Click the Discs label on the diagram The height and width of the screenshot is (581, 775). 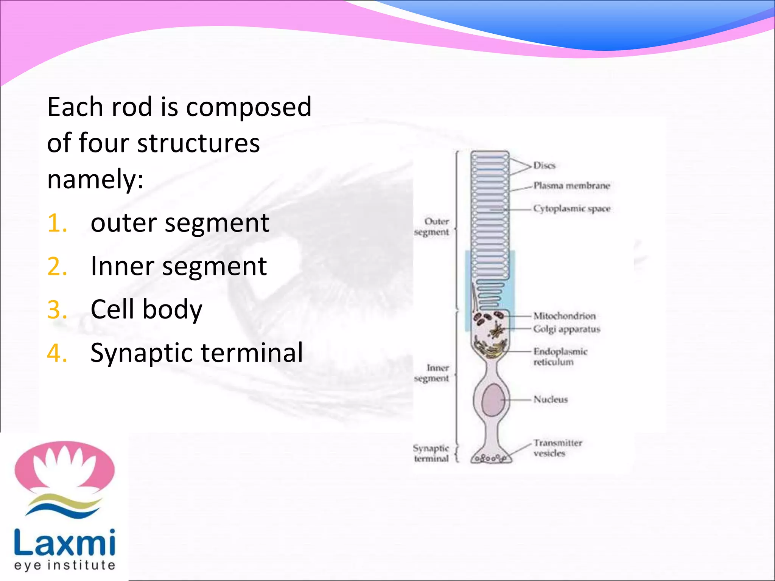click(x=544, y=165)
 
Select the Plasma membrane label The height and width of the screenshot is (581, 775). click(x=571, y=186)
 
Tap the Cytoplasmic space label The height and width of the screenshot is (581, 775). click(x=571, y=208)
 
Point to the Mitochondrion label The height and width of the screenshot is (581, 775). click(x=564, y=316)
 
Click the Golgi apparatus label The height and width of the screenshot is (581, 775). click(x=566, y=329)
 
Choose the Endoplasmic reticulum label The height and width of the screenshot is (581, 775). click(x=560, y=357)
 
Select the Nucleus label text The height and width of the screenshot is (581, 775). click(x=551, y=399)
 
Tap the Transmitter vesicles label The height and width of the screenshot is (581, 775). click(x=557, y=448)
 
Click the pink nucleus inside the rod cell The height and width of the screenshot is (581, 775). click(x=492, y=399)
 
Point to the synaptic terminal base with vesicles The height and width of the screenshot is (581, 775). click(x=491, y=458)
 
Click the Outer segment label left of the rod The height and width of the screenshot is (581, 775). click(x=432, y=227)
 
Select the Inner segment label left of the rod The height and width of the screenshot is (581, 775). click(x=432, y=373)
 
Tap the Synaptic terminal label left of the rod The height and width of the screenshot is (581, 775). click(x=431, y=453)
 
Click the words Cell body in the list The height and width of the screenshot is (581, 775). click(x=146, y=309)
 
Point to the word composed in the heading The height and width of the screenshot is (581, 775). click(x=249, y=107)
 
